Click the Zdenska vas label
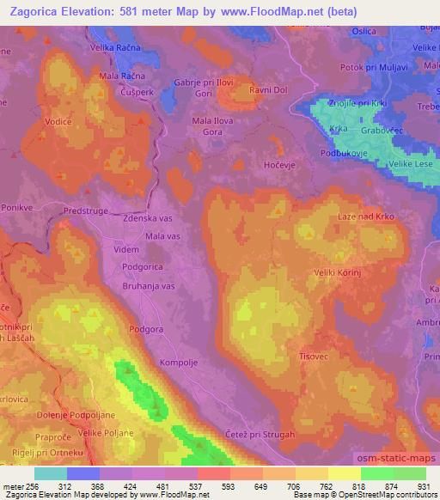tap(155, 219)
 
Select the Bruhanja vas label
tap(148, 284)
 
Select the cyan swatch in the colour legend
tap(51, 473)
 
